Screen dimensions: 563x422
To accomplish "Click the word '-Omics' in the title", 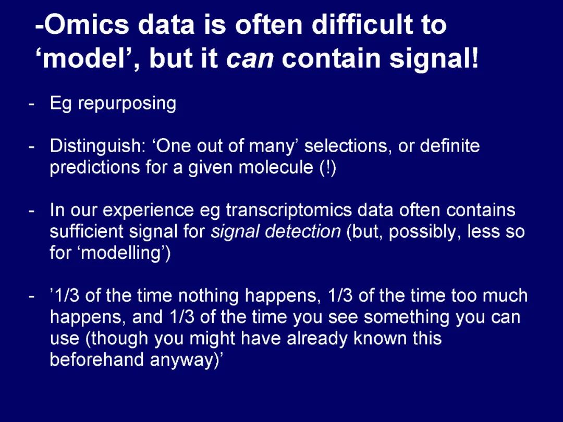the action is [x=82, y=24].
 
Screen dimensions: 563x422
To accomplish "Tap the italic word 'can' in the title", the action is [x=250, y=59].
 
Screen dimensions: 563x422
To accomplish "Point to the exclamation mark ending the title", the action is [x=475, y=57].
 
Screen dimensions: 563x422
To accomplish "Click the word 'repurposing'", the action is [x=128, y=104].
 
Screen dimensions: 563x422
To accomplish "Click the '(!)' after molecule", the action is [x=327, y=168].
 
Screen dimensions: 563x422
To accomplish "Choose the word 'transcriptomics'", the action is [x=289, y=210].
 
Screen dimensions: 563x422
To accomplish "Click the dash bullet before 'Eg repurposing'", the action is [x=32, y=105].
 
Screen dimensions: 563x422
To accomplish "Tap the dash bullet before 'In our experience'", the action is [x=32, y=212].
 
